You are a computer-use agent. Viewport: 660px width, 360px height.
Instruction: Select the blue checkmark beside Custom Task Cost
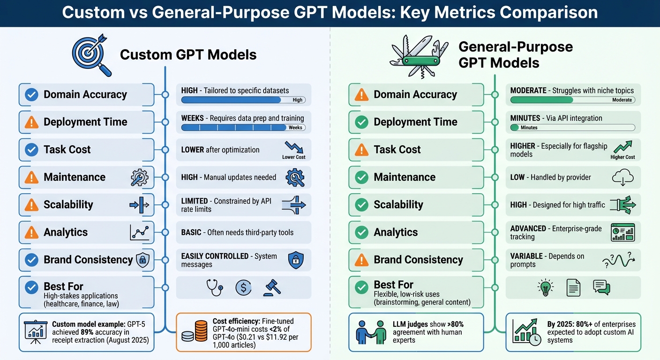(x=31, y=150)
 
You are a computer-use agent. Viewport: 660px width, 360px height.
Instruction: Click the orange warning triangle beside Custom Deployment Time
(x=31, y=122)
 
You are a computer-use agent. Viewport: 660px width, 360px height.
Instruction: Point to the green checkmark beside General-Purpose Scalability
(x=361, y=205)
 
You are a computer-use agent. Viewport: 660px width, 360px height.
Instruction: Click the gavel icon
(x=272, y=287)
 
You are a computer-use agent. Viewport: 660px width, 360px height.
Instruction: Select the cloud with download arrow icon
(x=623, y=178)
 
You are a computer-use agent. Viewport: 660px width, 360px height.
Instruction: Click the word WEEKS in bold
(x=192, y=118)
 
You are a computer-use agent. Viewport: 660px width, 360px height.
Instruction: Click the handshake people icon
(x=371, y=332)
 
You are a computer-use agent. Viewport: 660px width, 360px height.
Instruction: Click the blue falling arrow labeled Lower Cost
(x=293, y=147)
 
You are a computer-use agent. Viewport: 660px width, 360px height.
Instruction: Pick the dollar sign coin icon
(x=243, y=287)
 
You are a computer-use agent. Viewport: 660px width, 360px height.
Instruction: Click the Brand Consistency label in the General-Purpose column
(x=418, y=260)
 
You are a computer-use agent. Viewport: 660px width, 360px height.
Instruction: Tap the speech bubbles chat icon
(x=601, y=287)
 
